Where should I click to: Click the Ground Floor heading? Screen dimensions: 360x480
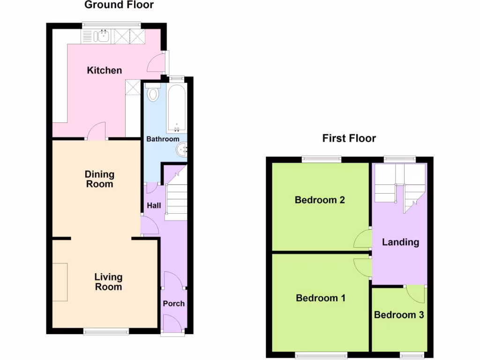coord(119,5)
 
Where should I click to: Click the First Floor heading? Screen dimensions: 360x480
coord(349,138)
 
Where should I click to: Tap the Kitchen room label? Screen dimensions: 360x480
coord(105,70)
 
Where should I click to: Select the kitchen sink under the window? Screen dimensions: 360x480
coord(101,36)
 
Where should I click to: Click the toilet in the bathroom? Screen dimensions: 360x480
coord(153,94)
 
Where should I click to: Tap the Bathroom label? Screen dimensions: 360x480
coord(163,139)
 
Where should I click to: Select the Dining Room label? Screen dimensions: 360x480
coord(99,179)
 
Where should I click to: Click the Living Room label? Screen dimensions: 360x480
coord(108,282)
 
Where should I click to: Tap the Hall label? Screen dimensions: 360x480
coord(154,205)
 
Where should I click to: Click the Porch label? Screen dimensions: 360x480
coord(173,303)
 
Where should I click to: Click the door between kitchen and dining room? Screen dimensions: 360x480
coord(97,131)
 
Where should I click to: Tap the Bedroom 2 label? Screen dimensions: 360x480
coord(320,200)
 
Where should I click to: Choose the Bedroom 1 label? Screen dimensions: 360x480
coord(321,298)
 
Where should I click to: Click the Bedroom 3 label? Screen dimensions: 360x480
coord(399,315)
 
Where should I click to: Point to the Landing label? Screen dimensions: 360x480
coord(400,242)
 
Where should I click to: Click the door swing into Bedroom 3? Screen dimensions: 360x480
coord(415,294)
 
